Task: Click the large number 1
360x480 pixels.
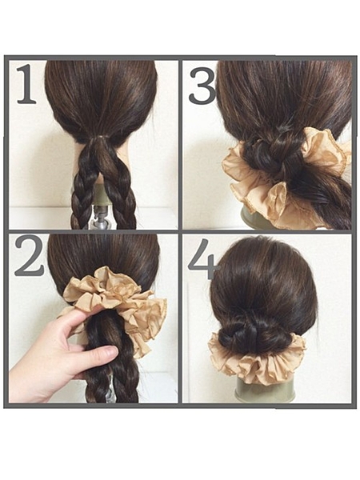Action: point(26,84)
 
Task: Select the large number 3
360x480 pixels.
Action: point(202,86)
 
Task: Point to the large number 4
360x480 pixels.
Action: point(203,259)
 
